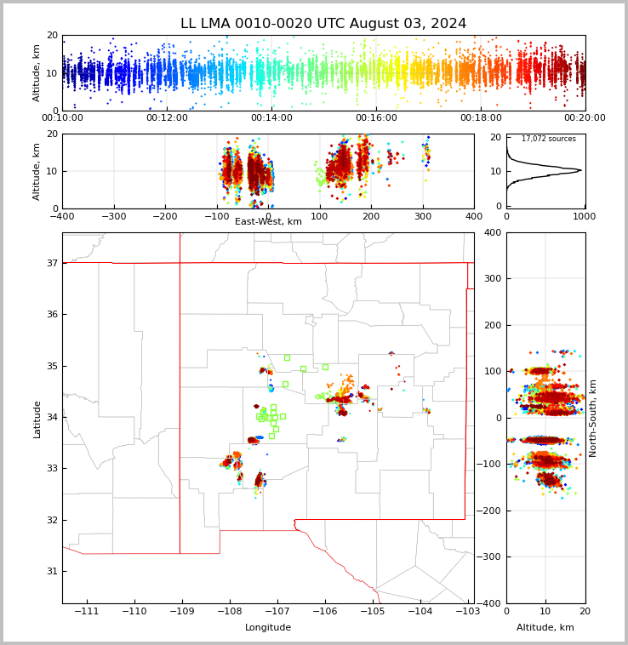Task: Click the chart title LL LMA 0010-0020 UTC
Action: tap(323, 24)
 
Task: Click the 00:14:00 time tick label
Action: tap(271, 118)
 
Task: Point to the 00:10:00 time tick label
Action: tap(62, 118)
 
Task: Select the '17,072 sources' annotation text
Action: tap(548, 139)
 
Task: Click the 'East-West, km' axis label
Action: tap(268, 222)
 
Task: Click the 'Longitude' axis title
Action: tap(268, 628)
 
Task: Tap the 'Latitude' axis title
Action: tap(37, 419)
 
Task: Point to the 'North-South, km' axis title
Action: tap(593, 418)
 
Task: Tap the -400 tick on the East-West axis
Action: tap(62, 217)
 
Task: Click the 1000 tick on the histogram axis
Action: tap(584, 217)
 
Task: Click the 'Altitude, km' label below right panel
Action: tap(545, 628)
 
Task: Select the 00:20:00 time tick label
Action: tap(585, 118)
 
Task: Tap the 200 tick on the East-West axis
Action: tap(371, 217)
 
